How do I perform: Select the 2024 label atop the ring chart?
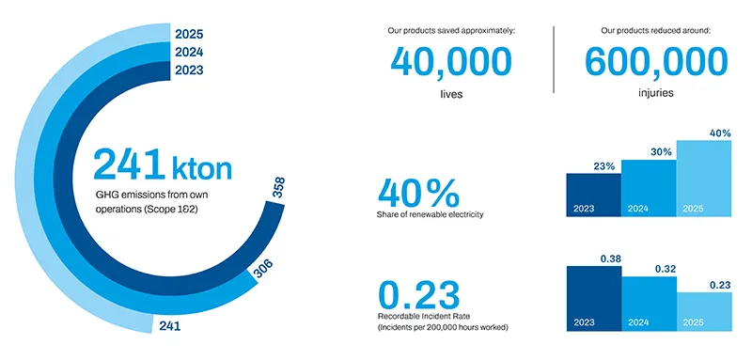pos(189,53)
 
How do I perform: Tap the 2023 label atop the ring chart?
pos(189,70)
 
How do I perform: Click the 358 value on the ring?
pos(278,187)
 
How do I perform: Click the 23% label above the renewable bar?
pos(604,165)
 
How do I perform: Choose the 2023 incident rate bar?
pos(594,298)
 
